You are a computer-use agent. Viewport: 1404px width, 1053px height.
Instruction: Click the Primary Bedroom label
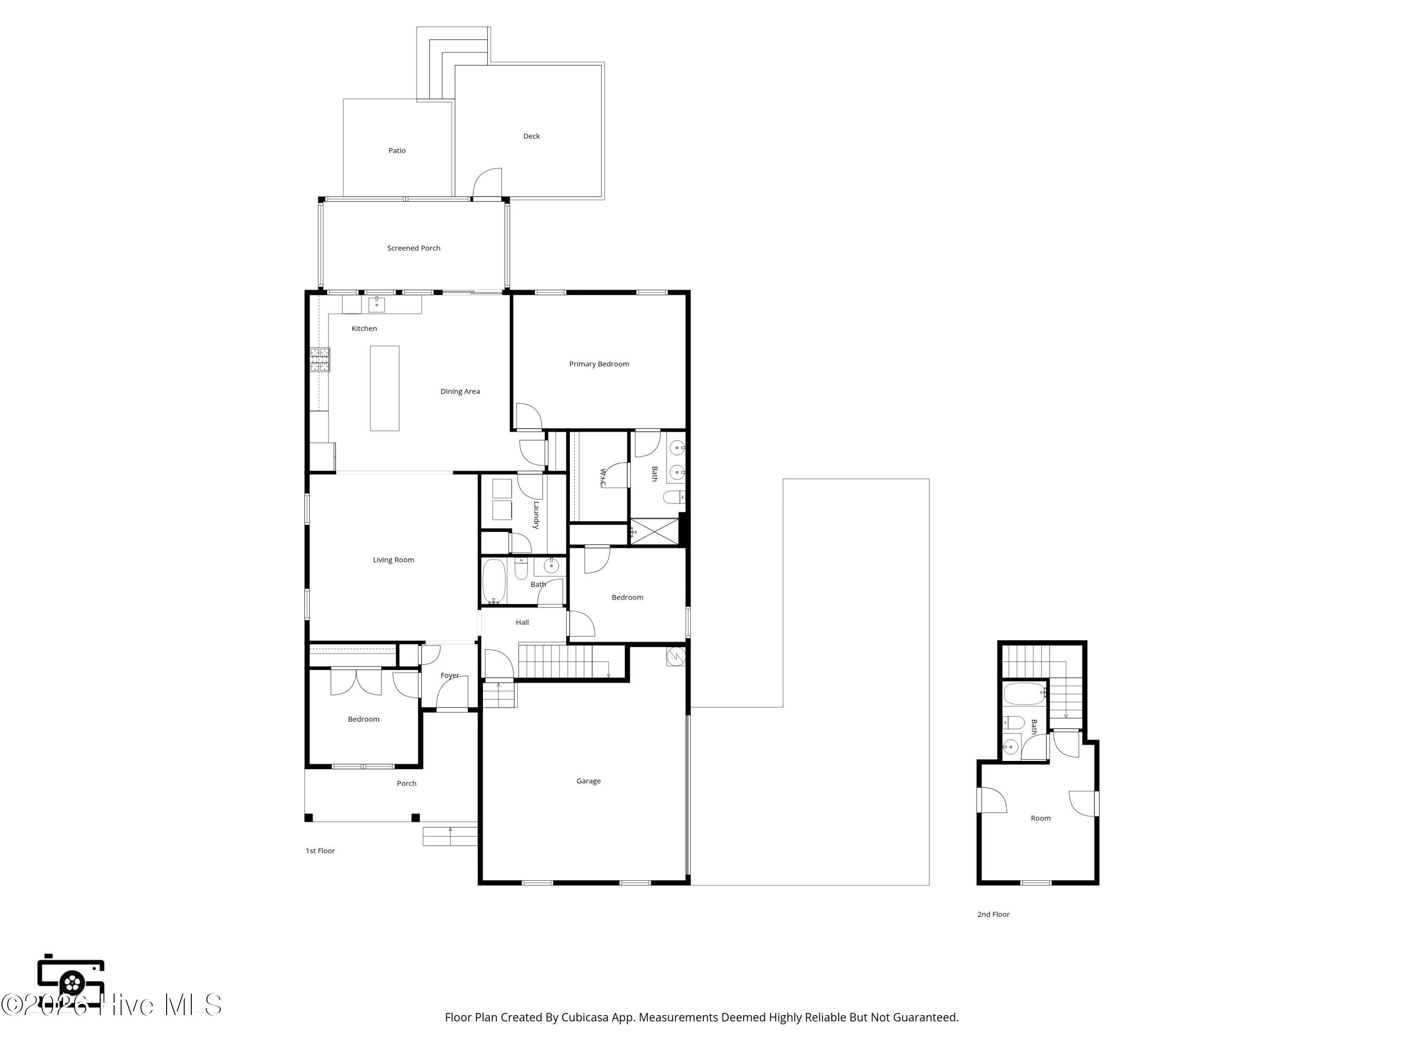pyautogui.click(x=599, y=364)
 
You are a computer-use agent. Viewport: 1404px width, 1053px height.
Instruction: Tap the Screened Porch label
pyautogui.click(x=414, y=248)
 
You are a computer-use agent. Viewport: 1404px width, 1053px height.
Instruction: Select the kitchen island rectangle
pyautogui.click(x=385, y=388)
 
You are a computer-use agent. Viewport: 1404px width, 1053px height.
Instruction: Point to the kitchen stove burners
pyautogui.click(x=320, y=359)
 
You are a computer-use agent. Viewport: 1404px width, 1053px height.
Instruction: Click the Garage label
pyautogui.click(x=588, y=781)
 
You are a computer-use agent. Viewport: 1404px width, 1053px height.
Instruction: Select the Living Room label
pyautogui.click(x=394, y=560)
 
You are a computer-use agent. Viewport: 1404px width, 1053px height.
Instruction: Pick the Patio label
pyautogui.click(x=397, y=150)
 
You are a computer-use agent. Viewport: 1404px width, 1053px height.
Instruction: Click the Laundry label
pyautogui.click(x=536, y=515)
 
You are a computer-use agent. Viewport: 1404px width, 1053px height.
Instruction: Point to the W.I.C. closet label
pyautogui.click(x=602, y=478)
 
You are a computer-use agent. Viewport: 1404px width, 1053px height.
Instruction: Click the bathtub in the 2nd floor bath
pyautogui.click(x=1024, y=694)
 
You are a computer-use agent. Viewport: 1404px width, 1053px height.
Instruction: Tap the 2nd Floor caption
pyautogui.click(x=994, y=914)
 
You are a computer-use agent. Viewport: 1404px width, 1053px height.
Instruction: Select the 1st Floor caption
pyautogui.click(x=320, y=850)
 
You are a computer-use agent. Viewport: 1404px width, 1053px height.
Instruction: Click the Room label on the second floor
pyautogui.click(x=1040, y=818)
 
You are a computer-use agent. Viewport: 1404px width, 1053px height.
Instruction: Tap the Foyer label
pyautogui.click(x=450, y=675)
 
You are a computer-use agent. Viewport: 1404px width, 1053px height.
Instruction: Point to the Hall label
pyautogui.click(x=522, y=622)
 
